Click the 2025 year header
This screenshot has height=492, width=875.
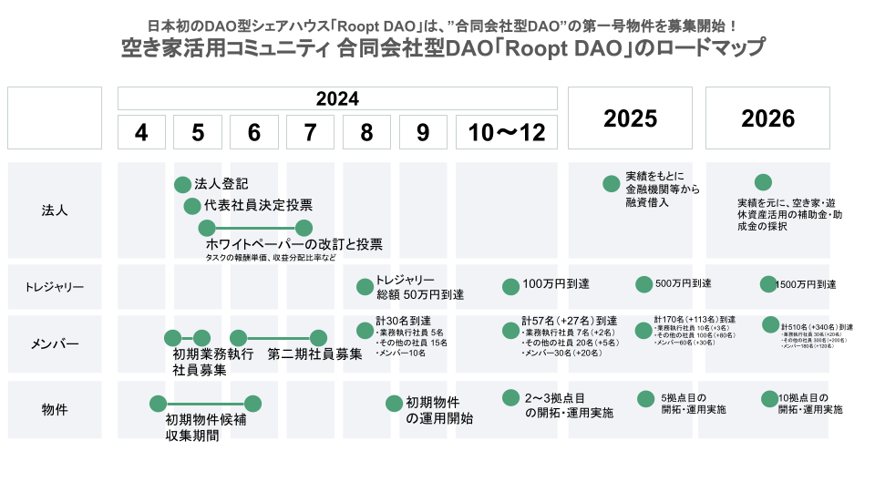click(631, 118)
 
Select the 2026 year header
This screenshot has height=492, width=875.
click(768, 118)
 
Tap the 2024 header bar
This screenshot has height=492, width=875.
click(337, 98)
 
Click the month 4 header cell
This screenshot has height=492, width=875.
click(141, 133)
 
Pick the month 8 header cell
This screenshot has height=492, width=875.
click(366, 133)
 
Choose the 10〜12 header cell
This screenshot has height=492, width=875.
click(506, 133)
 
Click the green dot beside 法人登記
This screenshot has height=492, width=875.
click(182, 184)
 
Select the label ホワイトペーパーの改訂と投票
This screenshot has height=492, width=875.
click(293, 244)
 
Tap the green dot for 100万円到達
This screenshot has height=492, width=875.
click(510, 286)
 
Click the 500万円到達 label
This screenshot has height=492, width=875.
click(683, 284)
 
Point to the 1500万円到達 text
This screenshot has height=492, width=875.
click(805, 285)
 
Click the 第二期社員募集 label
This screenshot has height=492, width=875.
click(314, 354)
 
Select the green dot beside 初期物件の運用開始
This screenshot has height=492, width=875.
click(394, 403)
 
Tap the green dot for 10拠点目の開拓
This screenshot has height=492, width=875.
click(769, 399)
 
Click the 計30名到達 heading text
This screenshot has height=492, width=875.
click(403, 322)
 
